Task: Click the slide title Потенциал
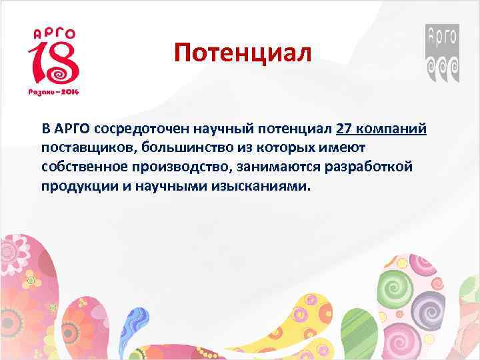point(243,52)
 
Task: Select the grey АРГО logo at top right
point(442,53)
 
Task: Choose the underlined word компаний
point(393,128)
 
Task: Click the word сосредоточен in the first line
point(137,128)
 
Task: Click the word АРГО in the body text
point(72,128)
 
